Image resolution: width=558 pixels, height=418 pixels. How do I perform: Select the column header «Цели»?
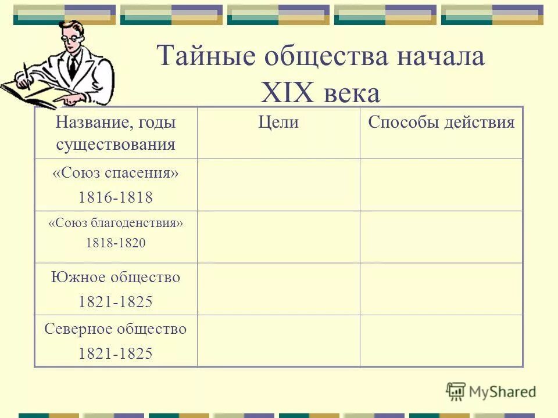coord(278,122)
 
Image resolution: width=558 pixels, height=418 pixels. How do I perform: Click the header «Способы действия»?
coord(441,122)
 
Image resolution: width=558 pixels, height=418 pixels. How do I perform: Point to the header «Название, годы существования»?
coord(115,133)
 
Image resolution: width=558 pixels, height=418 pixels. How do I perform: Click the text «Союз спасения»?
coord(115,174)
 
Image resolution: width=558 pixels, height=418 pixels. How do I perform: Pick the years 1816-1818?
coord(115,197)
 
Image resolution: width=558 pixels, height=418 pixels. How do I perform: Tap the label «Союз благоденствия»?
coord(115,223)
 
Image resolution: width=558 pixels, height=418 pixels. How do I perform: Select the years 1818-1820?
coord(115,244)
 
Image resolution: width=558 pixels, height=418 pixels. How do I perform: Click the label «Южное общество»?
coord(115,278)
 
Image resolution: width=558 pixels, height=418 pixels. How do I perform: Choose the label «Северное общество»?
coord(115,329)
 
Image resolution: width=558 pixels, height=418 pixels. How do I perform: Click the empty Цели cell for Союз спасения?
coord(278,185)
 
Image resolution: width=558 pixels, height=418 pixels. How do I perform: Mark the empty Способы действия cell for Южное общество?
coord(441,289)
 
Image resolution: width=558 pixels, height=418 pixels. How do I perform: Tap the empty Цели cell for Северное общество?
coord(278,341)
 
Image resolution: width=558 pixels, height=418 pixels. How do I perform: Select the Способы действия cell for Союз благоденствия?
coord(441,236)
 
